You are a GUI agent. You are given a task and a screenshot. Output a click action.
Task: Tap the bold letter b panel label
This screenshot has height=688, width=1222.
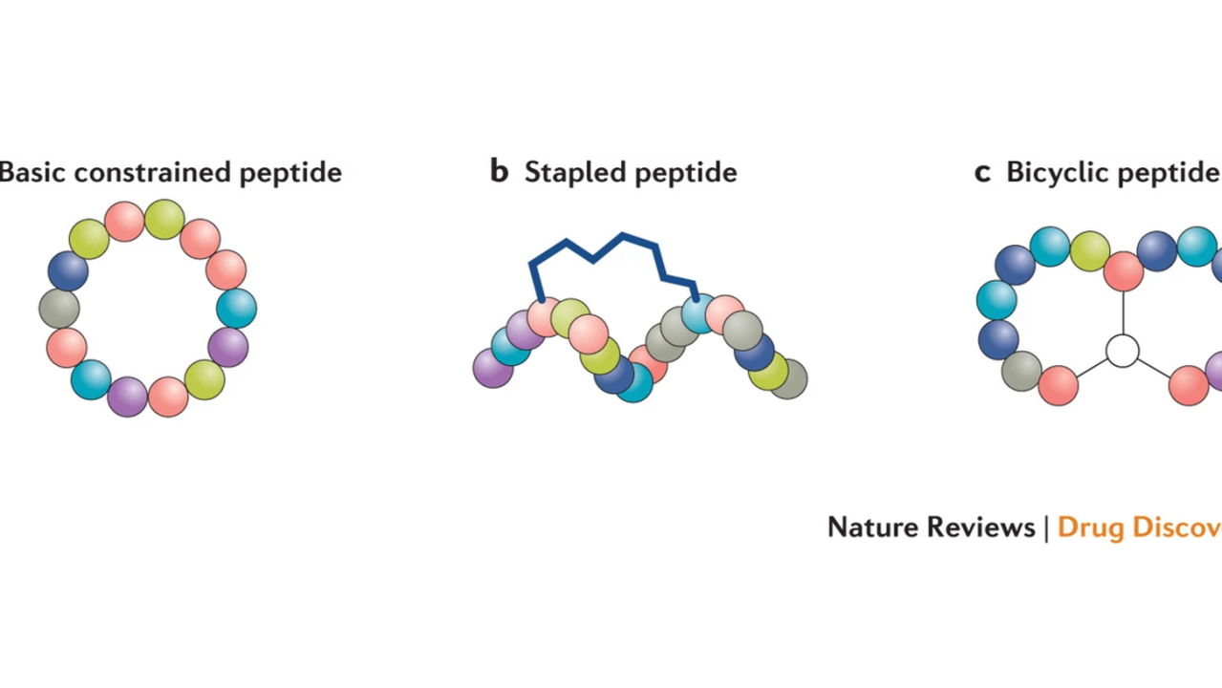(499, 172)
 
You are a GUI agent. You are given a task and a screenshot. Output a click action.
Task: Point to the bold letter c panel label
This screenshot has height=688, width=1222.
(982, 173)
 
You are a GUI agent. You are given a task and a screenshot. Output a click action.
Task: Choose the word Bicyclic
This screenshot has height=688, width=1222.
(1057, 173)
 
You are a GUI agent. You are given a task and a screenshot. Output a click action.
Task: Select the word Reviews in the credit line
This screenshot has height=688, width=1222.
(989, 527)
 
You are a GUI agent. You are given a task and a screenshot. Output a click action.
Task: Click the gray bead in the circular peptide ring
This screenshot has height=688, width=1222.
(59, 309)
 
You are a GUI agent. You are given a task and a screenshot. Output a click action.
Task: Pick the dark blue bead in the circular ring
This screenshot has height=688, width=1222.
(68, 270)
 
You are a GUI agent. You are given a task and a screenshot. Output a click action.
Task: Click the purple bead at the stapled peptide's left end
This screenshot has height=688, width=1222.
(493, 368)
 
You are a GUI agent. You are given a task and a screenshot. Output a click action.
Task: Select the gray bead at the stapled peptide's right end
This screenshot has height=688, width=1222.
(788, 379)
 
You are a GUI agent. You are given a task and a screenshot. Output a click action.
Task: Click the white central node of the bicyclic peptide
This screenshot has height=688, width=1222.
(1123, 351)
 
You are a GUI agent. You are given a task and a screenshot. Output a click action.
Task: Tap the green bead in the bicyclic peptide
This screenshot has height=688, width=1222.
(1089, 251)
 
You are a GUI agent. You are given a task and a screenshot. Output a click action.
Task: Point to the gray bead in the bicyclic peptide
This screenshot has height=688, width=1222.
(1021, 371)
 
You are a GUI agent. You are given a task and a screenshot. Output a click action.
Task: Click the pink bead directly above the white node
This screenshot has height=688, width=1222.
(1124, 271)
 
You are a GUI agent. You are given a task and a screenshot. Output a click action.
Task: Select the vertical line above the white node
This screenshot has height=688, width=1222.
(1123, 312)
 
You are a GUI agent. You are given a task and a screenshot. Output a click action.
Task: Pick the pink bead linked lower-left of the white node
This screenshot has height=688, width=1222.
(1058, 385)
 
